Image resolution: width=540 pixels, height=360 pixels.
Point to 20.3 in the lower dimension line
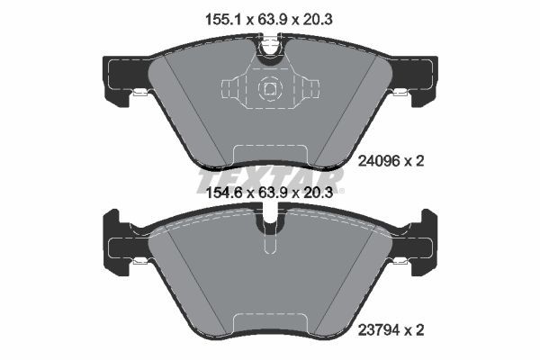(x=319, y=191)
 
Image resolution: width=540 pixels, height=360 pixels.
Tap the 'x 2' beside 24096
(x=414, y=161)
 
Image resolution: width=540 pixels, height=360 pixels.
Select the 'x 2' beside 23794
(x=414, y=330)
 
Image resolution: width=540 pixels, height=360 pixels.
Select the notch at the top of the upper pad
(x=269, y=49)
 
